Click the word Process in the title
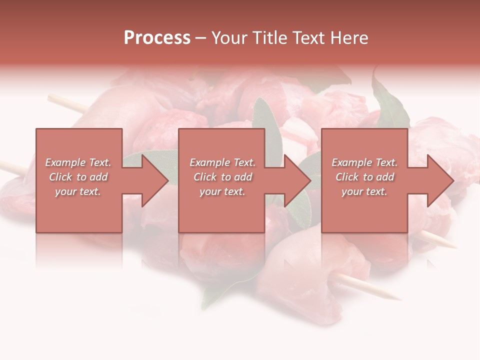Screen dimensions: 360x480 tap(157, 38)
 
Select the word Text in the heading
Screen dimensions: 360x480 tap(308, 38)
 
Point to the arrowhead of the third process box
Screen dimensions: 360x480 tap(439, 180)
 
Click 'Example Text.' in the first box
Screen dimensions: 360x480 tap(78, 162)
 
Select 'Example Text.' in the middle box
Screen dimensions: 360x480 tap(222, 162)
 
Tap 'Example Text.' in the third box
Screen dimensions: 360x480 tap(364, 162)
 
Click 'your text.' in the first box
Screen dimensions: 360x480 tap(78, 191)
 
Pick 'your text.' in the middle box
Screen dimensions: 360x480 tap(222, 191)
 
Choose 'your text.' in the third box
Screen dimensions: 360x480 tap(364, 191)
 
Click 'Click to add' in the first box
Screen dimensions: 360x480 tap(78, 177)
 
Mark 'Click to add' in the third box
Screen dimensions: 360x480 tap(364, 177)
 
